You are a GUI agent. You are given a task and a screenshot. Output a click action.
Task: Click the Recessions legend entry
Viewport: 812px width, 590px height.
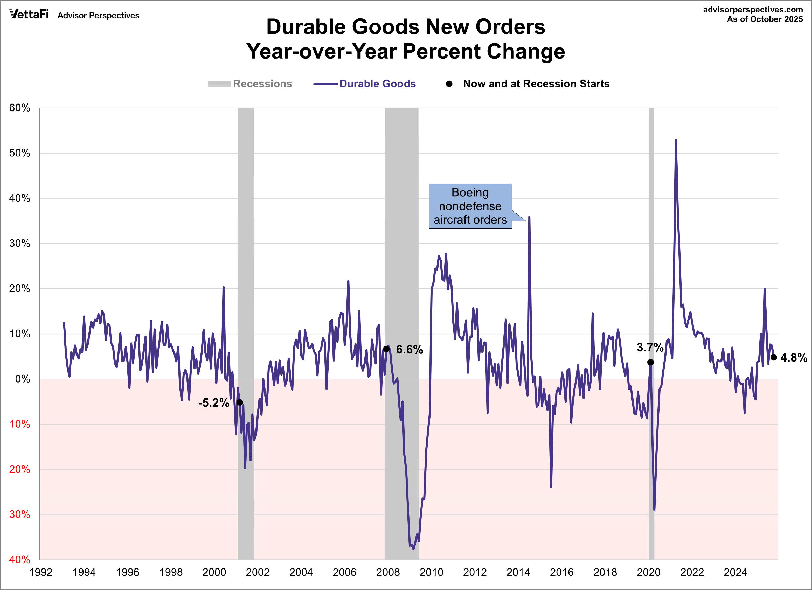pyautogui.click(x=262, y=84)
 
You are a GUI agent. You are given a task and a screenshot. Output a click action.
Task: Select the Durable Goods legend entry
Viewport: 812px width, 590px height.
pyautogui.click(x=377, y=84)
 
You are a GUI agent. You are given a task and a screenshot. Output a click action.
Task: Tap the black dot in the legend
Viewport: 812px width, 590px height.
pyautogui.click(x=449, y=84)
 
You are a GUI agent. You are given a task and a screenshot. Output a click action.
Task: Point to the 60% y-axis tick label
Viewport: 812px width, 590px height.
pyautogui.click(x=20, y=108)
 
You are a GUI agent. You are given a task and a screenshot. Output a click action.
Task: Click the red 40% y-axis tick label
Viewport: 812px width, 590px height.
pyautogui.click(x=20, y=560)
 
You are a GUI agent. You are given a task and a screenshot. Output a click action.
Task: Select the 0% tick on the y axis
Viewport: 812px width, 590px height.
pyautogui.click(x=23, y=379)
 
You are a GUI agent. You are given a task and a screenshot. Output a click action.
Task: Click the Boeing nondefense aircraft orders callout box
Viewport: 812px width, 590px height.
pyautogui.click(x=470, y=206)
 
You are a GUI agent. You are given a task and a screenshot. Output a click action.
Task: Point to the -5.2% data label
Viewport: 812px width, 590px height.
pyautogui.click(x=214, y=403)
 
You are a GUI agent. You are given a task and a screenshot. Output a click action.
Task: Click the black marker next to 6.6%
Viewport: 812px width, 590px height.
pyautogui.click(x=386, y=349)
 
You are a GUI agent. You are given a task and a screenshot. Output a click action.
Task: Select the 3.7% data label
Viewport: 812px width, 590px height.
pyautogui.click(x=650, y=347)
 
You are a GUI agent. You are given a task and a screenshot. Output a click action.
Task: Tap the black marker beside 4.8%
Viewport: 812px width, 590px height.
pyautogui.click(x=774, y=357)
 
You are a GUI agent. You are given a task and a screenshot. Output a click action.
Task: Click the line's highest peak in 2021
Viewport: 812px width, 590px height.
pyautogui.click(x=676, y=140)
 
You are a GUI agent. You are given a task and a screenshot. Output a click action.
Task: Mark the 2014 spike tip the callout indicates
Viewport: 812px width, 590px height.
pyautogui.click(x=529, y=217)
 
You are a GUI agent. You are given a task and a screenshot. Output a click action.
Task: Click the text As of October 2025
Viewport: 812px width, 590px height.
pyautogui.click(x=765, y=19)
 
